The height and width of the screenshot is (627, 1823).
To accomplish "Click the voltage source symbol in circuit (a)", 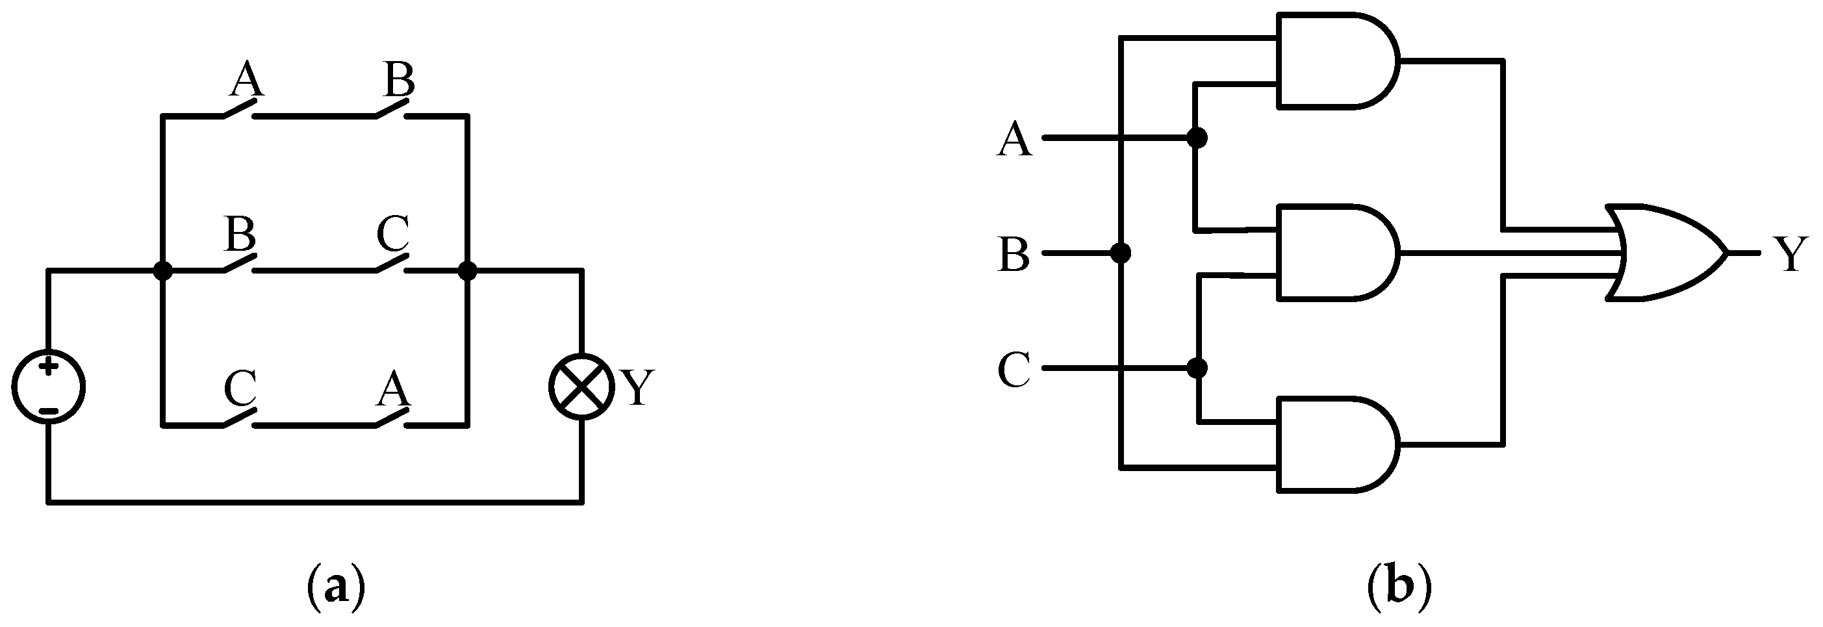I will tap(48, 388).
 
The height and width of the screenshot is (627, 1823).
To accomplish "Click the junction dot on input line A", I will tap(1197, 138).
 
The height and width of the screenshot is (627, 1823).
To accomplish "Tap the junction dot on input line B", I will tap(1120, 253).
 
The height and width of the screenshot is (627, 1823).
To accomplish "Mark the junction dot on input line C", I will tap(1197, 368).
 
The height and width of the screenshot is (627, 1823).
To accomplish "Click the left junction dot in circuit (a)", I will tap(163, 270).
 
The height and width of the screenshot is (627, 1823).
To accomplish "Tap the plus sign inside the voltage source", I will tap(48, 366).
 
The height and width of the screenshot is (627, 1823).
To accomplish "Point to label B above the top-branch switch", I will tap(398, 79).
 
